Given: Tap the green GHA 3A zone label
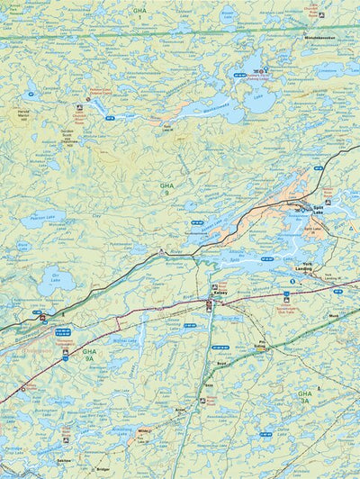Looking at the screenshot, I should point(306,396).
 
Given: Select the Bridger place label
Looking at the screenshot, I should point(103,468).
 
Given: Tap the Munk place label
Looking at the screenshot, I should point(333,317).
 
